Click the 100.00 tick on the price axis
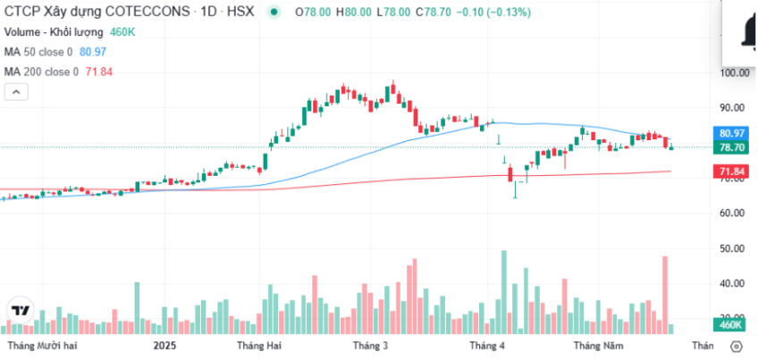[x=736, y=72]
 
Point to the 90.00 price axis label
[x=736, y=108]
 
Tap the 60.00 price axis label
[x=736, y=213]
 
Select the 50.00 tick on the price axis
[x=736, y=248]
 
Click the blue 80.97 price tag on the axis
[x=732, y=133]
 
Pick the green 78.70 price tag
[x=732, y=147]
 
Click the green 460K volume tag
[x=732, y=325]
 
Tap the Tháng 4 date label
[x=488, y=346]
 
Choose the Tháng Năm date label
[x=598, y=346]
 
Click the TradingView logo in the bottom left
[x=20, y=310]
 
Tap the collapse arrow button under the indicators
[x=16, y=91]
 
